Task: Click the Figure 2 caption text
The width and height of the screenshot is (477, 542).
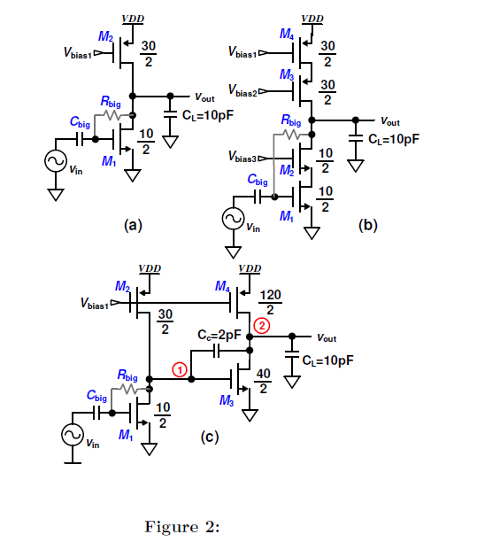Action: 181,526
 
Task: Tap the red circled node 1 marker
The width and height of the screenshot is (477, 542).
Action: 179,370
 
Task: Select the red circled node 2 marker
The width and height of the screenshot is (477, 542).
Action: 261,326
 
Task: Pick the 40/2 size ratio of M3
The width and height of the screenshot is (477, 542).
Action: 263,382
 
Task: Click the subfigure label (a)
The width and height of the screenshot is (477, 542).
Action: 132,225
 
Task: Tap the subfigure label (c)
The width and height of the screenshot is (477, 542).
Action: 208,437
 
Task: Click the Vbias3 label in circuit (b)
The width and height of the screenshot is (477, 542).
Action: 242,158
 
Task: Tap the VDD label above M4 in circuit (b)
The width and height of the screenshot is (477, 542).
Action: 312,18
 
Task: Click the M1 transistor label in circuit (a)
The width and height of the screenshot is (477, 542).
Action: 109,161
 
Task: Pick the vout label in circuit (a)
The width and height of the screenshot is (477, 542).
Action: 204,96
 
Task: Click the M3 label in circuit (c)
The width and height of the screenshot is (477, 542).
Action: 226,400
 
